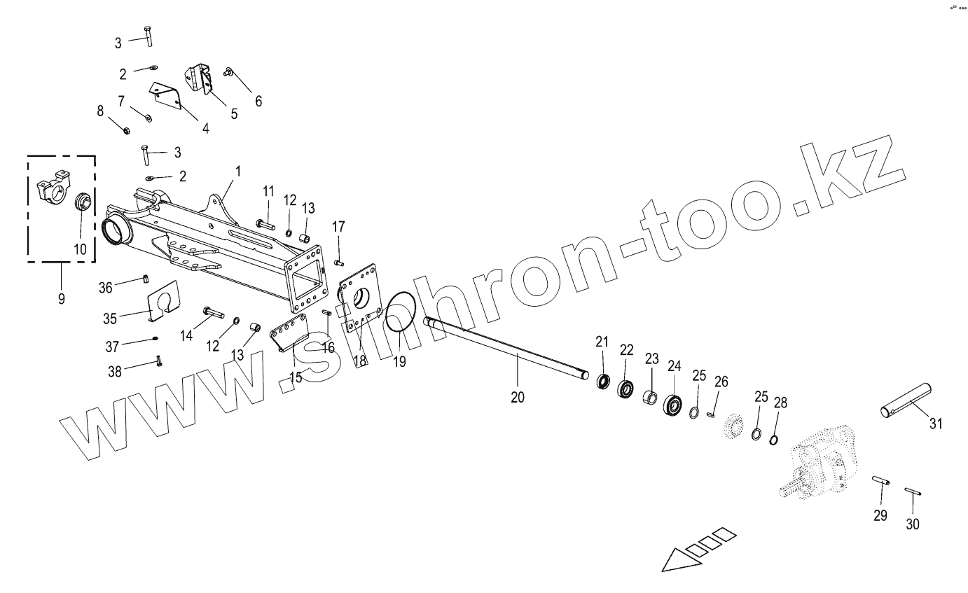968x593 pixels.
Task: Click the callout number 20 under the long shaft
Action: pyautogui.click(x=518, y=397)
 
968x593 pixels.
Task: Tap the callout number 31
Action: pyautogui.click(x=936, y=424)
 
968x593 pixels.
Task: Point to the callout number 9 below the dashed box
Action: pyautogui.click(x=61, y=298)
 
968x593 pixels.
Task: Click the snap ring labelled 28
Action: pyautogui.click(x=775, y=440)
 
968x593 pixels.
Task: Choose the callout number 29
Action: pyautogui.click(x=880, y=515)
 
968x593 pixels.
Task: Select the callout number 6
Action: pyautogui.click(x=258, y=101)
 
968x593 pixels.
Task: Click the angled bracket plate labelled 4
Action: pyautogui.click(x=167, y=97)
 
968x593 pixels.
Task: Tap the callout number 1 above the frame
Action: pyautogui.click(x=237, y=170)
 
